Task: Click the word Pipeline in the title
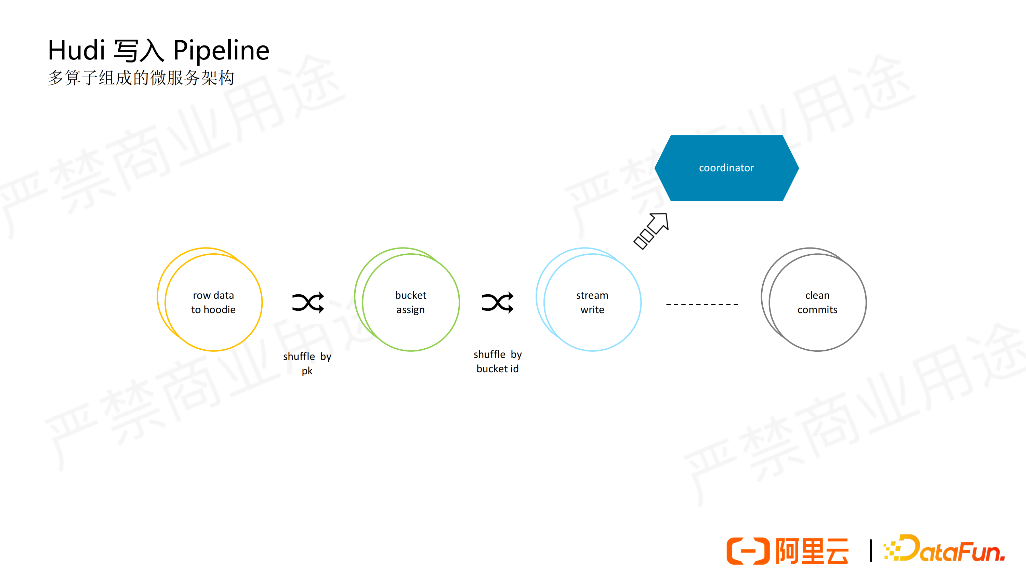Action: click(222, 51)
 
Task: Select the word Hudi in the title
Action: click(77, 50)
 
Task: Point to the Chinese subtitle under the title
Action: click(141, 78)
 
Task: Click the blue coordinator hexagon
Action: click(726, 168)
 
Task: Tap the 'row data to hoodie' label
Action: click(213, 302)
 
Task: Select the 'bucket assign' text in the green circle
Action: click(411, 302)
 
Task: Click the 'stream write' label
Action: click(592, 302)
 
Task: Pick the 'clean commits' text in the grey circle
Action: click(817, 302)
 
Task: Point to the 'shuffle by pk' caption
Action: click(307, 363)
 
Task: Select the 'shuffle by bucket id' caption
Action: click(498, 361)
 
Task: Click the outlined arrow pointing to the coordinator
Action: click(651, 231)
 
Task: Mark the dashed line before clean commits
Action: click(702, 304)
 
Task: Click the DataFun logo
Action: click(944, 549)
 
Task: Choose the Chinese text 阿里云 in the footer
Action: click(812, 551)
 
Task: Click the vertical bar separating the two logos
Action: click(871, 551)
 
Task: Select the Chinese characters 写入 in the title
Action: click(139, 51)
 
